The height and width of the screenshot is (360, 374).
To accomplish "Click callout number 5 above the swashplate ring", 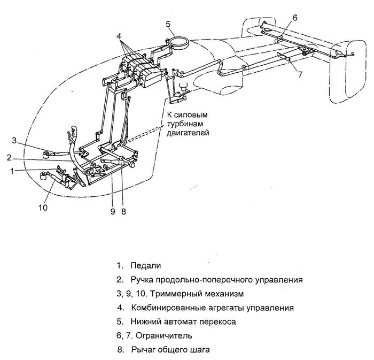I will pyautogui.click(x=167, y=24).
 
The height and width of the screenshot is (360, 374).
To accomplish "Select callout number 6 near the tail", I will pyautogui.click(x=294, y=18).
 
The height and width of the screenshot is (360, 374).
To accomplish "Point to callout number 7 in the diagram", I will pyautogui.click(x=300, y=75).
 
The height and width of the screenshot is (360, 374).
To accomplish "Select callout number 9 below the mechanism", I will pyautogui.click(x=113, y=211).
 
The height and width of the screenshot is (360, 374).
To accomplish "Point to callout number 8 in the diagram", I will pyautogui.click(x=123, y=211).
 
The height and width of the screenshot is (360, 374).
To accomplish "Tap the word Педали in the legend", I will pyautogui.click(x=145, y=265).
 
